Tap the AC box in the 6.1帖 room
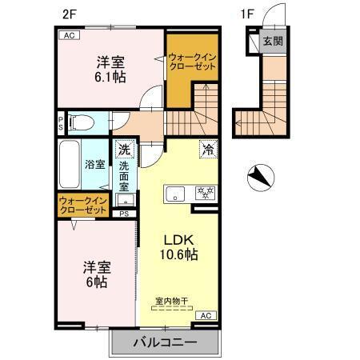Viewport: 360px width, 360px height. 68,35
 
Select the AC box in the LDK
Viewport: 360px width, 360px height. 204,316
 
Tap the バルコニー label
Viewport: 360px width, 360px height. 165,342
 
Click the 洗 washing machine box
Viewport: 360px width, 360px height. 124,149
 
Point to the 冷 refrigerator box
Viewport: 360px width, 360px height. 207,149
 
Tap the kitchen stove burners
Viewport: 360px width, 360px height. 206,193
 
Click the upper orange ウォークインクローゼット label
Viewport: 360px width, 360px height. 191,62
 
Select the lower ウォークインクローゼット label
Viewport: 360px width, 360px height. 82,205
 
